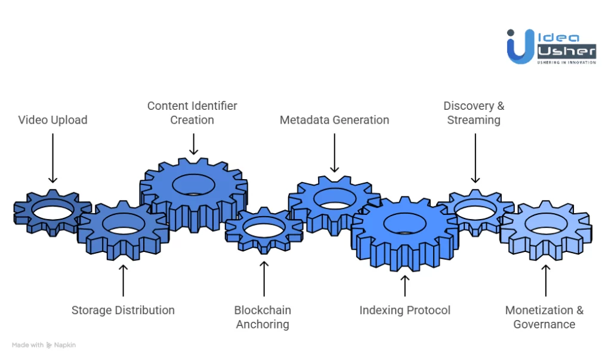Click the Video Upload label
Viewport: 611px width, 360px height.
pyautogui.click(x=53, y=120)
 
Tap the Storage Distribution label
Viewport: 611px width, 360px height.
pyautogui.click(x=123, y=310)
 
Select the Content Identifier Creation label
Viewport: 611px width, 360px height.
pyautogui.click(x=192, y=113)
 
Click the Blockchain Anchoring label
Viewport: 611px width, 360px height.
pyautogui.click(x=263, y=318)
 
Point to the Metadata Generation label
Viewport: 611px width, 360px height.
pyautogui.click(x=334, y=120)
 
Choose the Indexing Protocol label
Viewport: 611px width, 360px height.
pyautogui.click(x=405, y=310)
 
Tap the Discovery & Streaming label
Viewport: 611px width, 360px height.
pyautogui.click(x=474, y=113)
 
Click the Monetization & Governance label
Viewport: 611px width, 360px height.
pyautogui.click(x=544, y=318)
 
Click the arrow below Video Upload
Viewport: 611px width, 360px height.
pyautogui.click(x=53, y=158)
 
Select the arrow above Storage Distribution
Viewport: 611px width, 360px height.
pyautogui.click(x=123, y=281)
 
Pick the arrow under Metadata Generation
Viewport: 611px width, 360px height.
pyautogui.click(x=334, y=153)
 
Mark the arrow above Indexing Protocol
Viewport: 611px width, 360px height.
pyautogui.click(x=405, y=285)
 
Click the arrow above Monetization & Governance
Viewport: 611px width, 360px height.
pyautogui.click(x=545, y=281)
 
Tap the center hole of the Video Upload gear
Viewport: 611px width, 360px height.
pyautogui.click(x=53, y=210)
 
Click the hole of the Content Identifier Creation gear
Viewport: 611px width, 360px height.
pyautogui.click(x=193, y=184)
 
